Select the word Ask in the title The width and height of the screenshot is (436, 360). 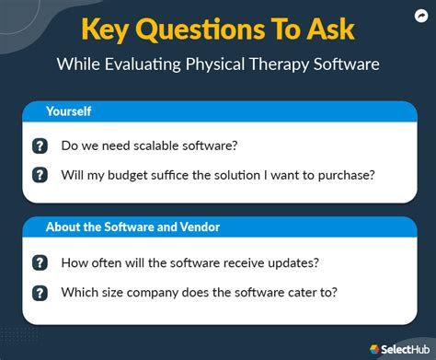click(x=327, y=29)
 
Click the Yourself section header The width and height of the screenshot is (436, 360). click(x=70, y=111)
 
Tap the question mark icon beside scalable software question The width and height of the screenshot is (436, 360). click(x=40, y=146)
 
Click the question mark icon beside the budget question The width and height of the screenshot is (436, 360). click(x=40, y=175)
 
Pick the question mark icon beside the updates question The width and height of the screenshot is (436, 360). click(x=40, y=262)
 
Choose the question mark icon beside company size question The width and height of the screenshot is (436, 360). click(x=40, y=292)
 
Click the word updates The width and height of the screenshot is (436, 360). click(x=290, y=262)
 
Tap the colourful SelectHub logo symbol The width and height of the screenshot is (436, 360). click(x=373, y=349)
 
